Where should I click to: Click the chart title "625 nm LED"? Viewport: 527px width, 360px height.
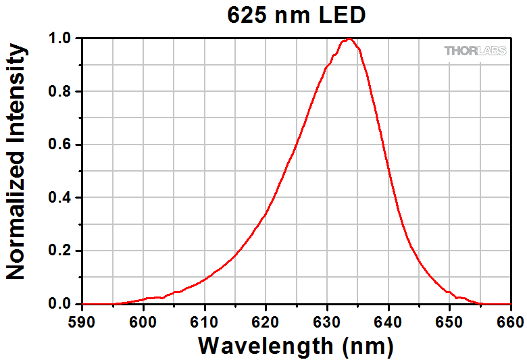pos(296,15)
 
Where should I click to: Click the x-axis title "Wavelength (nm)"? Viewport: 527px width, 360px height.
pos(295,346)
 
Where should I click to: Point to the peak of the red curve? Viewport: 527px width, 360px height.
pos(348,39)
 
